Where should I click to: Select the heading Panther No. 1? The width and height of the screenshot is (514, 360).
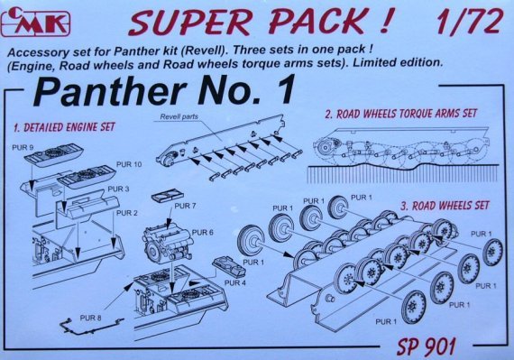point(162,91)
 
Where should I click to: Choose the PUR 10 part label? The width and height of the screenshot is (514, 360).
point(128,165)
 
